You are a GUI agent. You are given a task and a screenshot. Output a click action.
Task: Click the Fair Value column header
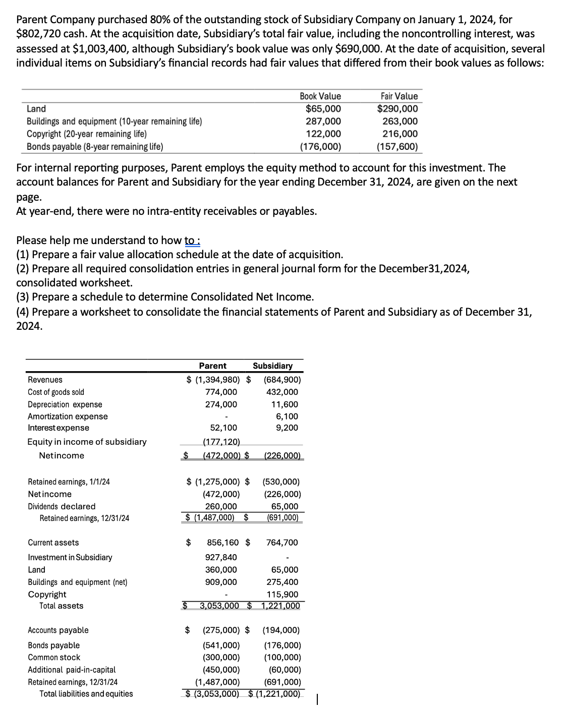pos(399,96)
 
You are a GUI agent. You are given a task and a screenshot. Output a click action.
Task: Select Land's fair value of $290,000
pos(398,108)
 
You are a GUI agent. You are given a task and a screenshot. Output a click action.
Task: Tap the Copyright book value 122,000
pos(323,134)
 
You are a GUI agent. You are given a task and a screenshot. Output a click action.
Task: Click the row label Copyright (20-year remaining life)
pos(87,134)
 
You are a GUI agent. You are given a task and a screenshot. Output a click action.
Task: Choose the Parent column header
pos(212,366)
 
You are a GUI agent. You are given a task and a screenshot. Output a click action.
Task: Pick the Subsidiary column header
pos(272,366)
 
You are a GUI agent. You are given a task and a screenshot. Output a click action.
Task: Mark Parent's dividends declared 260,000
pos(220,506)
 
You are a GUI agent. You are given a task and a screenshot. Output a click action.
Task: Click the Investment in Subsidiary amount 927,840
pos(221,557)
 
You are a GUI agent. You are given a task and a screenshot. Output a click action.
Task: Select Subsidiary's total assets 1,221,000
pos(280,606)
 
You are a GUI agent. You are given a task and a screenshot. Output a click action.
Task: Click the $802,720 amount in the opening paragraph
pos(38,34)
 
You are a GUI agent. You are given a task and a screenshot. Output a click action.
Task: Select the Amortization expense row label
pos(68,416)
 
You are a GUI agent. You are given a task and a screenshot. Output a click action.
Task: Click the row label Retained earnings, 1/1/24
pos(69,482)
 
